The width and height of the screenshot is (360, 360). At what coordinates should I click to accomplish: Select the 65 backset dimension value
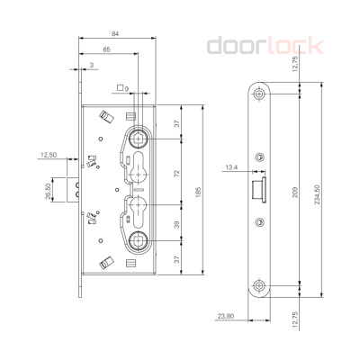(106, 50)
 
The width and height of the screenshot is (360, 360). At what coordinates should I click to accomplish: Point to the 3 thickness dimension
(94, 66)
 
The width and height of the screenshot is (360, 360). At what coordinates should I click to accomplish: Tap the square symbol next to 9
(120, 88)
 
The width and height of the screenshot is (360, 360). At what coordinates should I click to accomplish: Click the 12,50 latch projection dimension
(49, 156)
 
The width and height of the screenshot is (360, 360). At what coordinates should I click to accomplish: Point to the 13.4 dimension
(231, 167)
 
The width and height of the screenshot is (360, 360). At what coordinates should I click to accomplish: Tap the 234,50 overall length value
(313, 195)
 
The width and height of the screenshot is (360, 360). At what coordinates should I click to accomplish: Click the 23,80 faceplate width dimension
(225, 316)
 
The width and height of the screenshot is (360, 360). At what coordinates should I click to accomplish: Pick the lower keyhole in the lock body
(139, 212)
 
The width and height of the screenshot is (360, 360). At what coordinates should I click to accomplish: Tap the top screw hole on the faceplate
(259, 95)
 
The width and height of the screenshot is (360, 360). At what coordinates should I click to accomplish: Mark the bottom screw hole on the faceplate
(259, 285)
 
